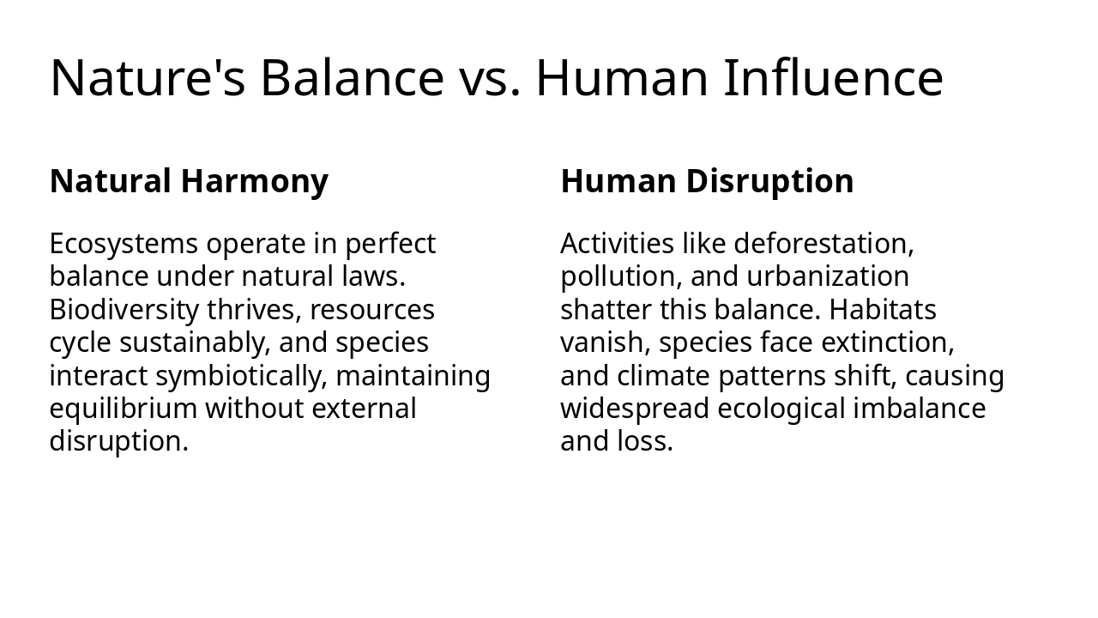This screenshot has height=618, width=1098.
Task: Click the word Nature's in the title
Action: [x=148, y=77]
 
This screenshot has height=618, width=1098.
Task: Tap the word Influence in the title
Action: [x=833, y=77]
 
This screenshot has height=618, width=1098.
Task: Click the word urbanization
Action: [x=828, y=276]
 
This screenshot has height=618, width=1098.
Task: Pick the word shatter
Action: [x=594, y=309]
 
